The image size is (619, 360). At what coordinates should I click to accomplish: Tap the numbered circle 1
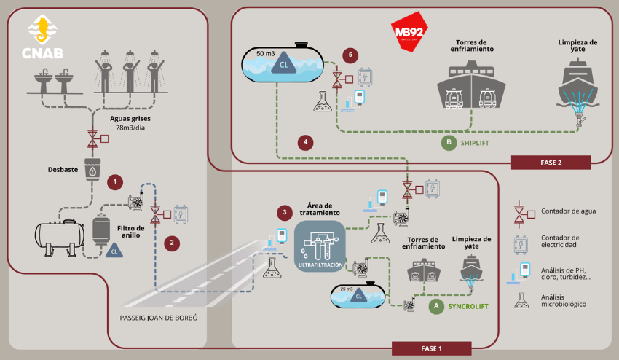pyautogui.click(x=114, y=181)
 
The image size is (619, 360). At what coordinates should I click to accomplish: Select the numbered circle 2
pyautogui.click(x=172, y=243)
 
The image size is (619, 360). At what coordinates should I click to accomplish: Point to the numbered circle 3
pyautogui.click(x=285, y=213)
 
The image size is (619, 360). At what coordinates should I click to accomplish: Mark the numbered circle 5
pyautogui.click(x=352, y=55)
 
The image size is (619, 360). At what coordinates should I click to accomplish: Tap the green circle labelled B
pyautogui.click(x=449, y=143)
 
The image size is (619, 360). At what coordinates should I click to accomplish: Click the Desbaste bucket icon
pyautogui.click(x=92, y=169)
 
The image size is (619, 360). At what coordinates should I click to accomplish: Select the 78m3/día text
pyautogui.click(x=129, y=128)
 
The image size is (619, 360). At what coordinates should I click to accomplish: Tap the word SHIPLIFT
pyautogui.click(x=478, y=143)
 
